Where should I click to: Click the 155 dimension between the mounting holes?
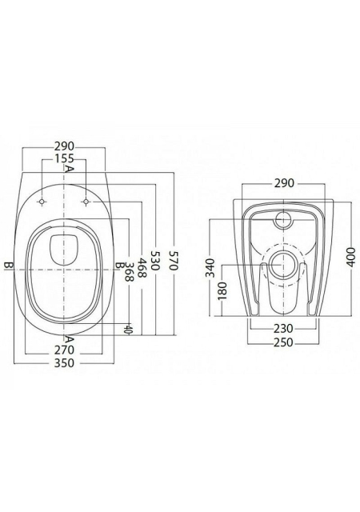pyautogui.click(x=64, y=158)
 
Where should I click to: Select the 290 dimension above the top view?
pyautogui.click(x=64, y=146)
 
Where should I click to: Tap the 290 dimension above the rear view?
pyautogui.click(x=284, y=183)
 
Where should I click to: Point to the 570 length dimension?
pyautogui.click(x=173, y=261)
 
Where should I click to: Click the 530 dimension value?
pyautogui.click(x=155, y=261)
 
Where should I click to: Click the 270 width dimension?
pyautogui.click(x=64, y=350)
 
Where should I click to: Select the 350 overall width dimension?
pyautogui.click(x=64, y=362)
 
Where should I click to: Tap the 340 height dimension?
pyautogui.click(x=210, y=268)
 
